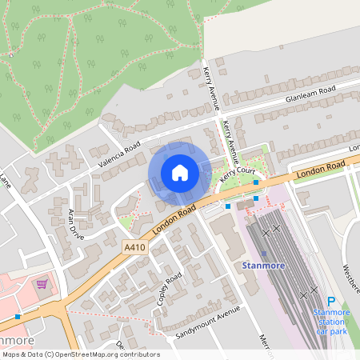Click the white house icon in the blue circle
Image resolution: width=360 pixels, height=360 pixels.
click(x=180, y=173)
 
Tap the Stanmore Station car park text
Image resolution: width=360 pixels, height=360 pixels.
click(x=331, y=321)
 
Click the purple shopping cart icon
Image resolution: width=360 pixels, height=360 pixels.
click(x=42, y=283)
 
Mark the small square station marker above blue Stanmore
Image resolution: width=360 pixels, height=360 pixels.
click(x=264, y=253)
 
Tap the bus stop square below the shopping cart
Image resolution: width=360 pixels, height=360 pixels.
click(x=18, y=317)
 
